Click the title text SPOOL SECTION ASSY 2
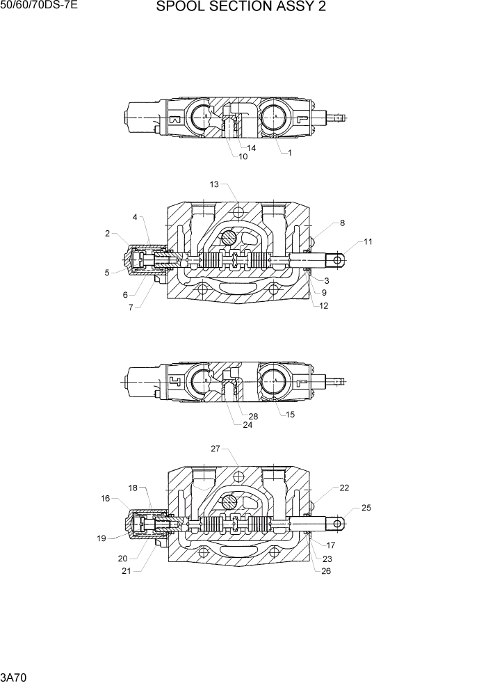(241, 8)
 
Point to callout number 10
(243, 157)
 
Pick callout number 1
(290, 153)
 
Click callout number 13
(214, 184)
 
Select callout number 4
(135, 218)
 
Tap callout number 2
(108, 234)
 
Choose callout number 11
(368, 242)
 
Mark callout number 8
(342, 223)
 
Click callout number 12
(325, 305)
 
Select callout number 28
(253, 416)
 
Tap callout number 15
(290, 415)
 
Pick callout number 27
(215, 449)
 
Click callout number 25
(366, 508)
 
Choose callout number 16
(106, 498)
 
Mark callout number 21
(127, 572)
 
